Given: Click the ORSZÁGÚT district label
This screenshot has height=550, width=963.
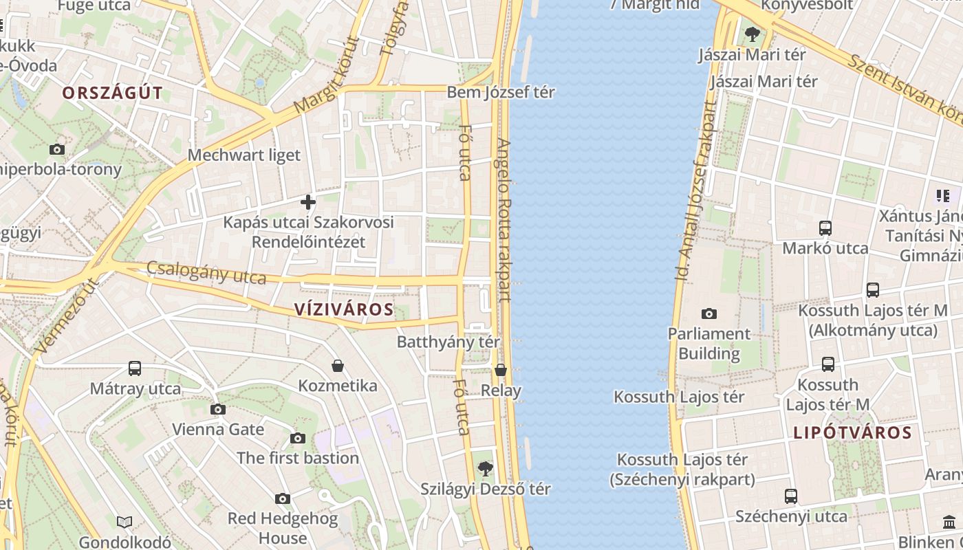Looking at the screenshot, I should [x=113, y=93].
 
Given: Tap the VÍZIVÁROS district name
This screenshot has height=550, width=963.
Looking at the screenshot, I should [x=344, y=309].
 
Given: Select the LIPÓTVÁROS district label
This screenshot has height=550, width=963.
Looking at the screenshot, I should [x=852, y=433].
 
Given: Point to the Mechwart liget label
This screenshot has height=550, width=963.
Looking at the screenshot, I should [x=244, y=155].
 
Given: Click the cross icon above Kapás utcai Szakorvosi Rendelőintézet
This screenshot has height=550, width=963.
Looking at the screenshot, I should [x=308, y=202].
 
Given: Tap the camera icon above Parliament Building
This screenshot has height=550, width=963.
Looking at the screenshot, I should [x=708, y=314].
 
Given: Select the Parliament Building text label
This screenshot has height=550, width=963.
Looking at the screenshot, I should [x=708, y=344].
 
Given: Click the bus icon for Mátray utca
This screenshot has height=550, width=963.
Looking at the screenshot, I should [x=135, y=368].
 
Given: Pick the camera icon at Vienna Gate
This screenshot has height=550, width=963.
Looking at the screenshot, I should [x=218, y=410].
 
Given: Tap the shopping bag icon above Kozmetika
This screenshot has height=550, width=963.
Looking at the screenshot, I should [x=338, y=366].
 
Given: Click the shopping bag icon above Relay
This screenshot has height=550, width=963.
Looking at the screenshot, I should [x=501, y=371].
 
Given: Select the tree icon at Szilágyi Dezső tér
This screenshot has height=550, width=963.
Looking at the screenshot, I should [x=486, y=469].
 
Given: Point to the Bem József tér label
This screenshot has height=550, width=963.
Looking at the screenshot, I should [x=501, y=92].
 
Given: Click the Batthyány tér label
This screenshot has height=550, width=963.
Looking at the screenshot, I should [x=448, y=342].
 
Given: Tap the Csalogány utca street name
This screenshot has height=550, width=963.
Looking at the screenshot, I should [x=206, y=273].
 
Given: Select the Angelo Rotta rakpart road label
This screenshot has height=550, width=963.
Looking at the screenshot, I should [x=504, y=220].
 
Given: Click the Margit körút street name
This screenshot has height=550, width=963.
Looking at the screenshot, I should [x=326, y=76].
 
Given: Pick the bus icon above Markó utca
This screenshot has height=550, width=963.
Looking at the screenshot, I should [x=825, y=228].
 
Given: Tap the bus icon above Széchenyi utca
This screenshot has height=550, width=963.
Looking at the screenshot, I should [x=791, y=496].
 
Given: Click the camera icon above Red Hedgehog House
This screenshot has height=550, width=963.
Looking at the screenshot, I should [x=283, y=498].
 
